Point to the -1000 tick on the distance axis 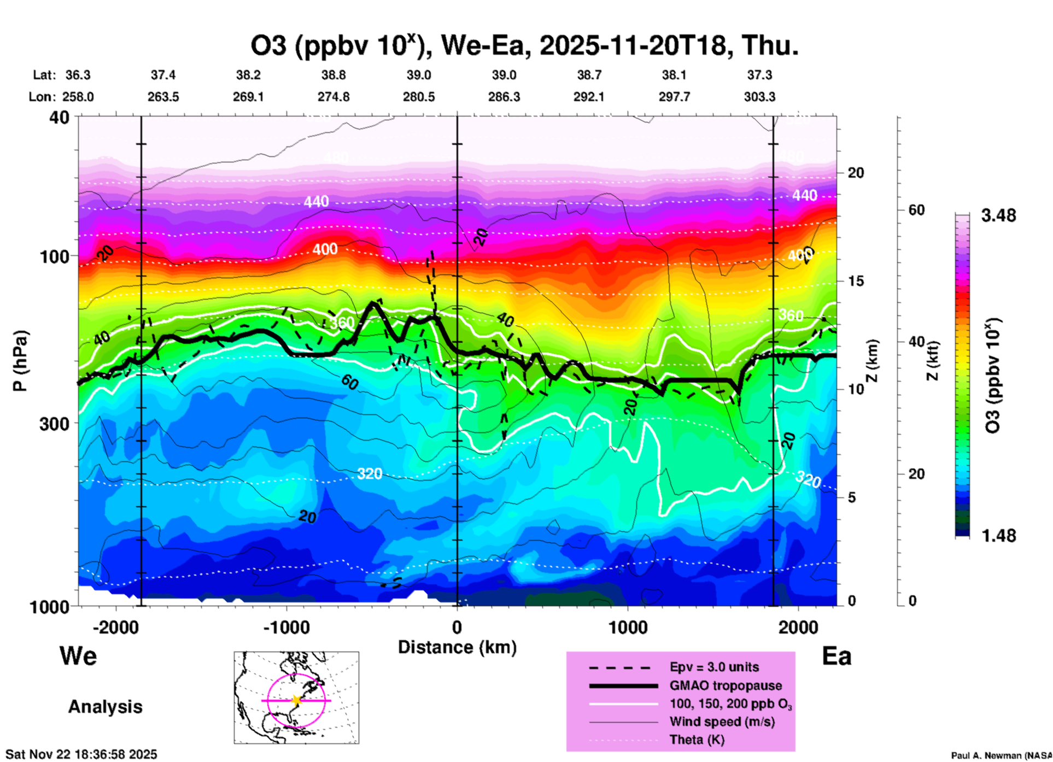tap(287, 627)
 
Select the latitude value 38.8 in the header tap(334, 75)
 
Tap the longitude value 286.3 tap(504, 97)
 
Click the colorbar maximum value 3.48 tap(998, 215)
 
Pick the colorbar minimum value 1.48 tap(998, 535)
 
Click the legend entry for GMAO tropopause tap(726, 685)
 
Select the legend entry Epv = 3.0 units tap(714, 667)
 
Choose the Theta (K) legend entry tap(697, 740)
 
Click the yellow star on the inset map tap(296, 700)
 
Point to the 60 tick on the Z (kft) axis tap(916, 210)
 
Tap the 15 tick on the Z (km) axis tap(856, 281)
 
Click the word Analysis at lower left tap(105, 706)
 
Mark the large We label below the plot tap(78, 655)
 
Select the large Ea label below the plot tap(836, 656)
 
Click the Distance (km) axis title tap(457, 647)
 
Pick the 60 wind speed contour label tap(350, 382)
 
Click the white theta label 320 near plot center tap(370, 473)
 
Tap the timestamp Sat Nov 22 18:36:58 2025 tap(81, 754)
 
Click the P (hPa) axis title tap(20, 361)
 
